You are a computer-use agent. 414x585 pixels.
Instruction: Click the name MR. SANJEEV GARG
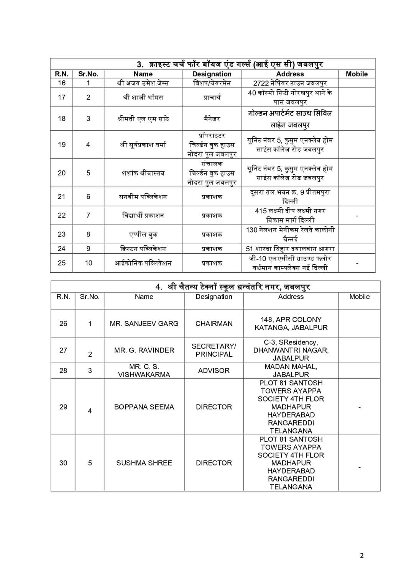144,324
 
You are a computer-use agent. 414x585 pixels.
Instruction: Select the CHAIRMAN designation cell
214,324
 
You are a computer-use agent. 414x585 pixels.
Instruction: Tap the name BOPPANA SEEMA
144,407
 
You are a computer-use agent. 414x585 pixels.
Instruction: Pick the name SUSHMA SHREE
144,463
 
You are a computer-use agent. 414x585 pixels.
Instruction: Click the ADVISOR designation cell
214,370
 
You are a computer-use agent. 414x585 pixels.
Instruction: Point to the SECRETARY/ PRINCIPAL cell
214,350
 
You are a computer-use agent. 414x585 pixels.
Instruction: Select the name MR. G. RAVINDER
144,350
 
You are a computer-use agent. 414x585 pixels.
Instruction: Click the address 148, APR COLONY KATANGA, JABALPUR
291,324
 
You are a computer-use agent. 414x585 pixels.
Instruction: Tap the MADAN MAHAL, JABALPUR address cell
291,370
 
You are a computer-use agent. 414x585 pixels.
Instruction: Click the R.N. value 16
62,83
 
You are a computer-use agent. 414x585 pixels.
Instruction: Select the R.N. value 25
62,263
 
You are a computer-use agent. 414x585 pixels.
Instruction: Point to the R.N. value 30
63,463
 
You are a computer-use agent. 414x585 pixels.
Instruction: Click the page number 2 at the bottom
362,556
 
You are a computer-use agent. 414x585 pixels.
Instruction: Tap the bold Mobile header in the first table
356,74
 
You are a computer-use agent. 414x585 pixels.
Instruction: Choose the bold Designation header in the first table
212,74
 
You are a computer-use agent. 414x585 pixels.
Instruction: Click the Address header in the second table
291,297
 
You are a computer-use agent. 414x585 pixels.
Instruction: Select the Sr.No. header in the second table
90,297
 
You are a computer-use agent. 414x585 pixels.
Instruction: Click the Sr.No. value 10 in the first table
89,263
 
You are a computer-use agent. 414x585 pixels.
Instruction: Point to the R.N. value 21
62,197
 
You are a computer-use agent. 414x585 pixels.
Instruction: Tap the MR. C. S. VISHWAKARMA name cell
144,370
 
